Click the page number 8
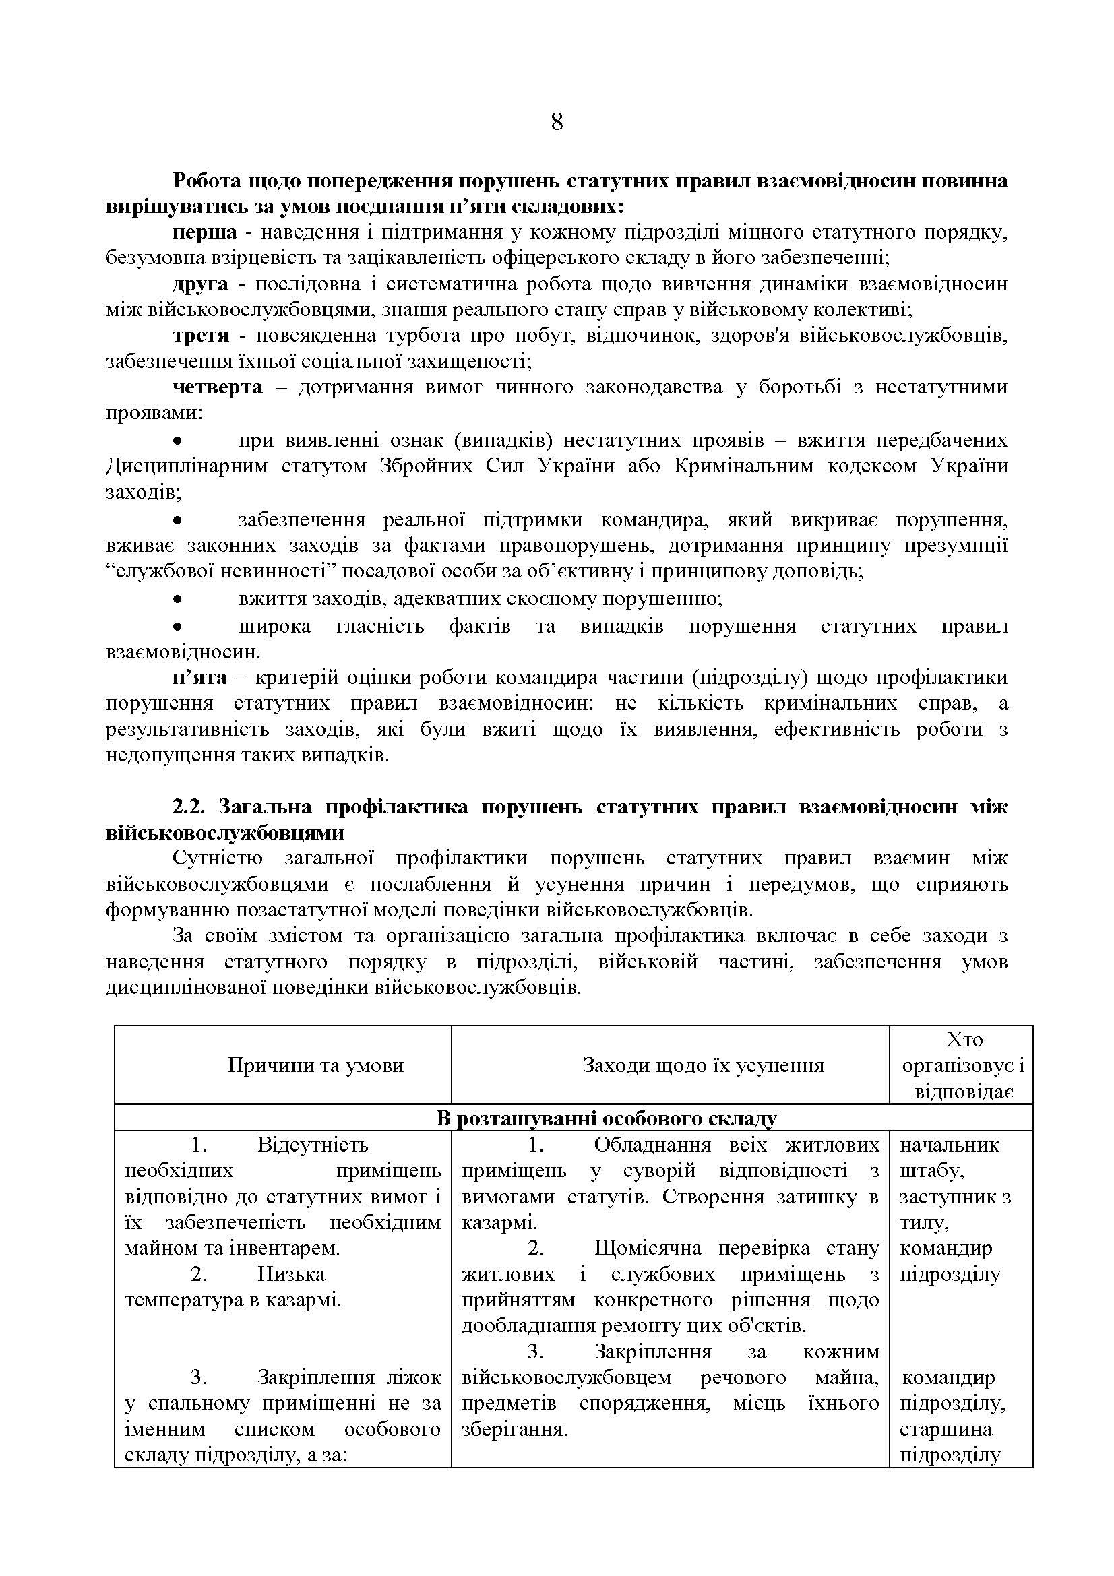[557, 122]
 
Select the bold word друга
[199, 284]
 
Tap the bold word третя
[200, 335]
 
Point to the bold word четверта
[217, 387]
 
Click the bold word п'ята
[199, 677]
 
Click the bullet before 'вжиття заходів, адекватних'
[177, 600]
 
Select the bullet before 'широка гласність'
[177, 627]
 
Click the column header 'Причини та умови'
[316, 1065]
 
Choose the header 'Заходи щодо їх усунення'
[703, 1065]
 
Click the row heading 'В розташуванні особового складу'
[606, 1119]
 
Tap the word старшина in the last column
[945, 1429]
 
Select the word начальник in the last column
[949, 1145]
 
